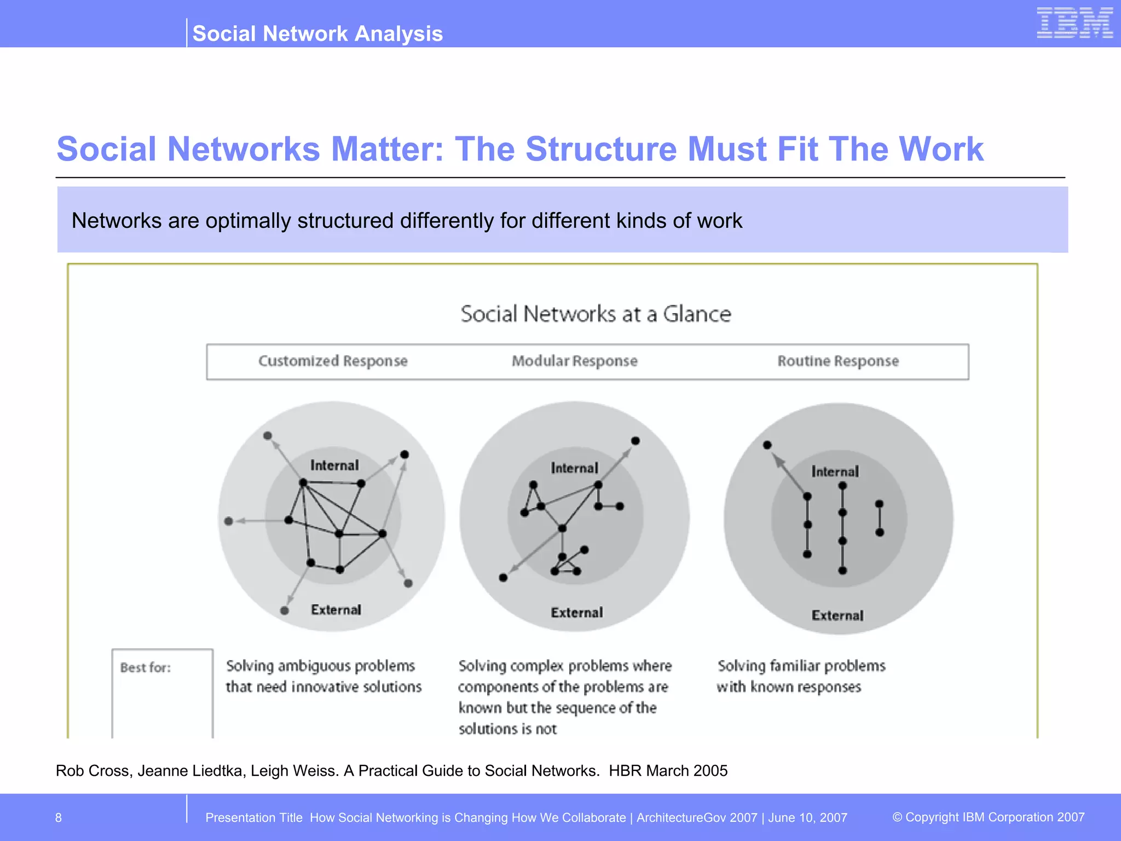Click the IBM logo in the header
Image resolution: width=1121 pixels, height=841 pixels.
coord(1074,23)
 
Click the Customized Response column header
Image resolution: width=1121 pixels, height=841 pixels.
coord(333,361)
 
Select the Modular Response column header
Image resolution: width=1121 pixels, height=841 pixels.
coord(575,361)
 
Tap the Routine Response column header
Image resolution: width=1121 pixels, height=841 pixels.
coord(838,361)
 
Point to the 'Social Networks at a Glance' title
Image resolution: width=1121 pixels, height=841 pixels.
coord(596,314)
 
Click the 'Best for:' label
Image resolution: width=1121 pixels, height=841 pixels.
coord(146,667)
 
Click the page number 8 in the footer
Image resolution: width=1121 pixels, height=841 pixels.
coord(59,818)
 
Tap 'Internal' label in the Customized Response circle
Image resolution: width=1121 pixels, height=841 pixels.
coord(334,465)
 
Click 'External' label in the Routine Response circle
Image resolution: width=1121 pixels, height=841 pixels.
coord(837,615)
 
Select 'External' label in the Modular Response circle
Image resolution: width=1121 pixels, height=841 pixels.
coord(577,613)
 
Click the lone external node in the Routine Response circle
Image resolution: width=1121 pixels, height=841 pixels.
coord(767,445)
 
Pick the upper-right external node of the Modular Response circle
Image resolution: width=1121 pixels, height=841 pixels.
coord(635,441)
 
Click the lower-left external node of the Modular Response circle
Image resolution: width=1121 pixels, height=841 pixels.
coord(504,578)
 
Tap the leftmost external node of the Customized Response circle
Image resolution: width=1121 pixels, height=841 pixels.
coord(229,521)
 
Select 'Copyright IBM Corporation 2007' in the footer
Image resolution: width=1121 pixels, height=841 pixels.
coord(995,817)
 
